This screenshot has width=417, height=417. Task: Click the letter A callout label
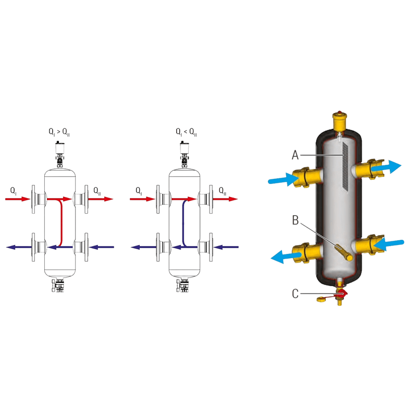pos(295,154)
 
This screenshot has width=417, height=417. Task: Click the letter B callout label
pos(295,220)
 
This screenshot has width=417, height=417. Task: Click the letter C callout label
pos(295,294)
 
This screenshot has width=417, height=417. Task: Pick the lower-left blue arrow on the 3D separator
pos(285,255)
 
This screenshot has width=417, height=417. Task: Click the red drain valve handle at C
pos(344,295)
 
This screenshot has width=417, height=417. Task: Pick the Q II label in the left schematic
pos(97,191)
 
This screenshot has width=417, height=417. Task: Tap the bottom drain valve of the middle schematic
pos(185,286)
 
